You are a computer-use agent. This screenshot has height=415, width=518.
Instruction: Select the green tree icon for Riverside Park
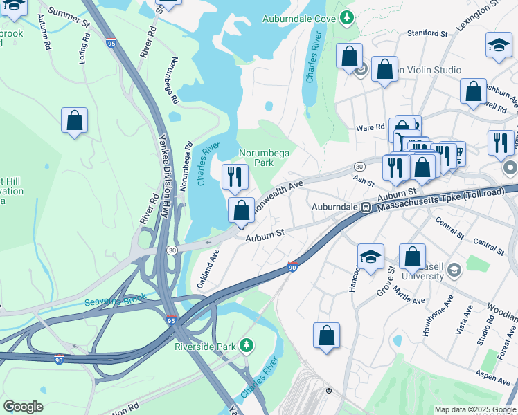[x=246, y=344]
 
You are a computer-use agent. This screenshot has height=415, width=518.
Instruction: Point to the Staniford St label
[x=427, y=33]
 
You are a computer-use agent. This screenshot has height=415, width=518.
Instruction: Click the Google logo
[x=23, y=406]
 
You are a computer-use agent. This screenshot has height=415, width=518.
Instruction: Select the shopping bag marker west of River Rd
[x=75, y=120]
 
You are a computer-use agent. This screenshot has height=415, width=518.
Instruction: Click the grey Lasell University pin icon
[x=454, y=268]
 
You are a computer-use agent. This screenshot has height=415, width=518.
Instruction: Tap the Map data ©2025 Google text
[x=475, y=409]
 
